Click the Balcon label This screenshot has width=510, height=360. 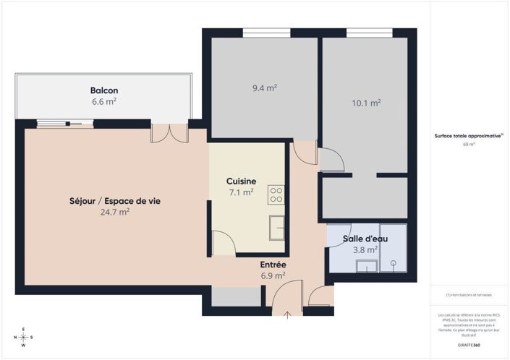(104, 90)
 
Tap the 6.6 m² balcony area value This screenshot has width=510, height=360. (104, 102)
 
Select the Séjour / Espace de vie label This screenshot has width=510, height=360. (115, 200)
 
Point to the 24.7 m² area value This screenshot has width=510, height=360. (115, 212)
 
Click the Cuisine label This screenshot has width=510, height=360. (240, 181)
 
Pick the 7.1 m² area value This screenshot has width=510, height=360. (240, 192)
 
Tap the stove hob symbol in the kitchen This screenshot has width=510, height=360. (276, 194)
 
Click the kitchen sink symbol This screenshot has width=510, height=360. (276, 227)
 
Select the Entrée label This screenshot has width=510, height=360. (273, 265)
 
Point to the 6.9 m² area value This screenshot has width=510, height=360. (273, 275)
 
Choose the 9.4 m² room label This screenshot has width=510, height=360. (265, 88)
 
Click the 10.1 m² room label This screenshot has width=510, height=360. (366, 103)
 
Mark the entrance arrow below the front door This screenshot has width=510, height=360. (289, 313)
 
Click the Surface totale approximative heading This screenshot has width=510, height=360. (467, 135)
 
